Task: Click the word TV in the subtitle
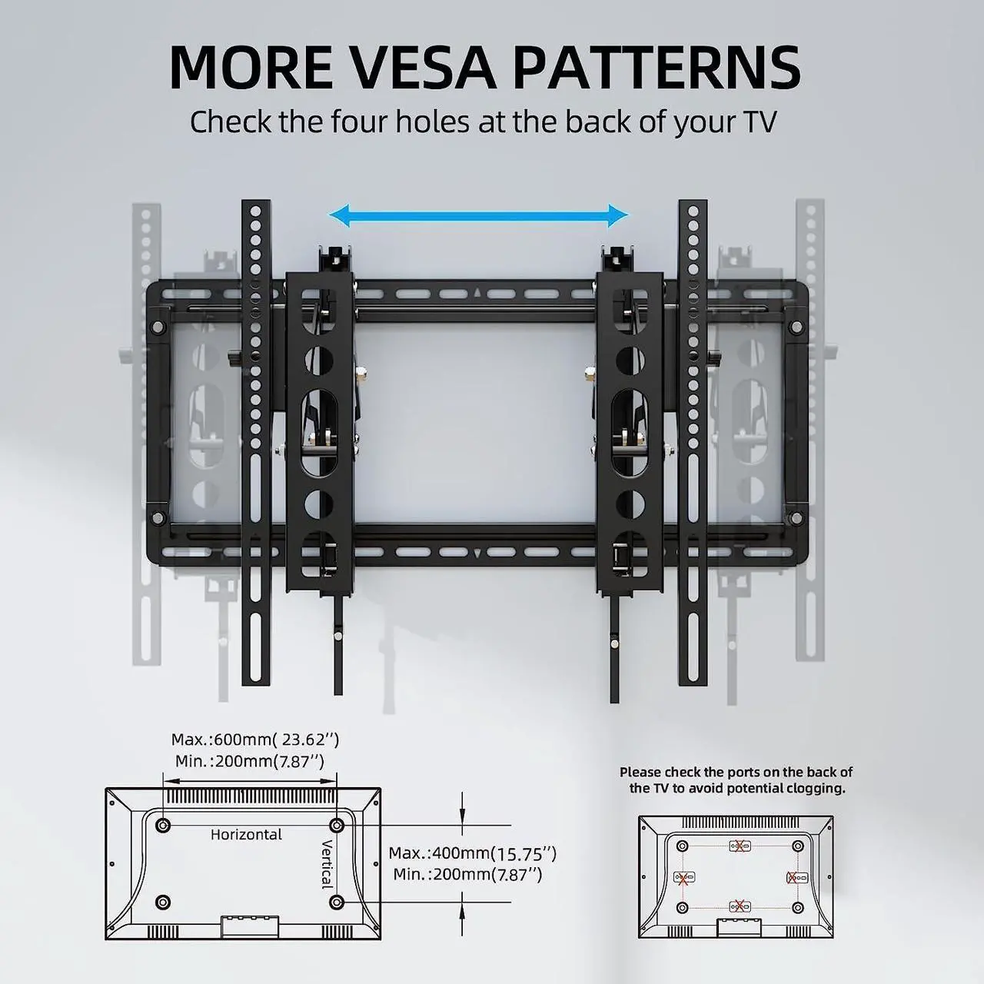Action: (x=759, y=121)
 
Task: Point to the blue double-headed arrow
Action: (x=479, y=216)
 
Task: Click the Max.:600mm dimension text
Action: (x=254, y=740)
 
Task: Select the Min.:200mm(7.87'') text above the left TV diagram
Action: (x=249, y=761)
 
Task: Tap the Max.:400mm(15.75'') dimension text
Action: (x=472, y=853)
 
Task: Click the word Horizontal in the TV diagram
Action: (x=246, y=834)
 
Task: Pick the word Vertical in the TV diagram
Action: (x=327, y=863)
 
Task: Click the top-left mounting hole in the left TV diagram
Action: (x=163, y=826)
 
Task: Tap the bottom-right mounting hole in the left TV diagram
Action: (x=336, y=901)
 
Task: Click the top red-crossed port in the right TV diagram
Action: (x=738, y=846)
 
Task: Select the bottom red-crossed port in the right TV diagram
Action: (x=738, y=907)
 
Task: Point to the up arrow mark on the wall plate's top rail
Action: (x=477, y=293)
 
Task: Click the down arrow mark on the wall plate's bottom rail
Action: (x=477, y=552)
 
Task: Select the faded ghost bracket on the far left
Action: (x=146, y=430)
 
